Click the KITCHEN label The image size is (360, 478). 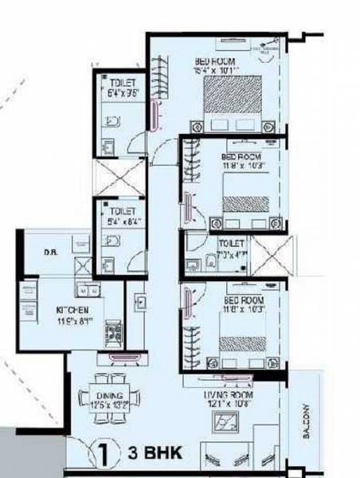[72, 309]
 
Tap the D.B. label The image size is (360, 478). [49, 253]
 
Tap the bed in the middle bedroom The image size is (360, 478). [245, 194]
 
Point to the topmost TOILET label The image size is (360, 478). [121, 81]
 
